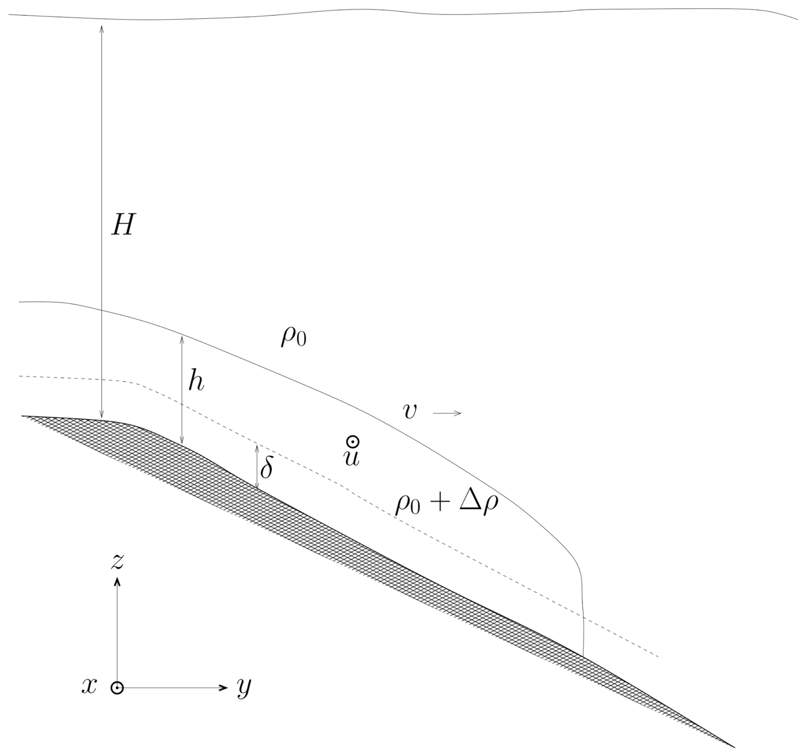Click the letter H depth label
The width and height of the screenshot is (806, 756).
coord(123,225)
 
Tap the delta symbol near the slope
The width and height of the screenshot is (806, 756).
coord(266,468)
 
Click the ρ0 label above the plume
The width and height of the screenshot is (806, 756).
coord(293,338)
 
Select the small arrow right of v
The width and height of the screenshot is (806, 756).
coord(447,413)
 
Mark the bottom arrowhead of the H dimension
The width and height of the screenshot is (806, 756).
coord(101,418)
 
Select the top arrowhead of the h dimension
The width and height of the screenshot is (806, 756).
coord(182,336)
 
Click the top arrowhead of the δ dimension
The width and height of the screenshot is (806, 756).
coord(257,444)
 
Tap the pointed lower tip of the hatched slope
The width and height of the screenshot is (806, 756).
coord(735,747)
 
